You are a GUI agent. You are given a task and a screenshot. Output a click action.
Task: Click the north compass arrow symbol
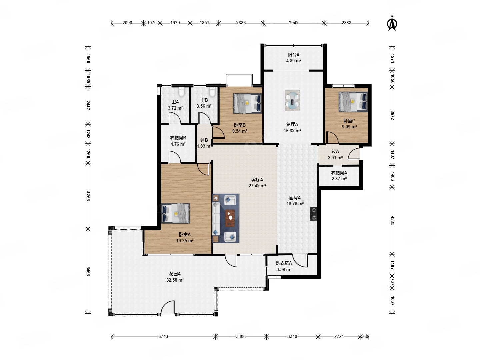coord(392,23)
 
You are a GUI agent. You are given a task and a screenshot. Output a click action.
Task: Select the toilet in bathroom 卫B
coord(212,92)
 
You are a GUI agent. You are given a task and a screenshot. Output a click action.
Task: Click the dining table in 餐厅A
coord(292,101)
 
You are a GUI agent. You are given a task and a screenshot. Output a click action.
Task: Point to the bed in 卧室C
coord(353,102)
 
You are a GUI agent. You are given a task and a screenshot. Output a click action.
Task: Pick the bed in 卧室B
coord(247,103)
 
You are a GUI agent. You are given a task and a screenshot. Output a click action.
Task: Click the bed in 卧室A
coord(175,213)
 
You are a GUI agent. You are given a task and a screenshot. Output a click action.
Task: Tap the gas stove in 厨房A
coord(313,214)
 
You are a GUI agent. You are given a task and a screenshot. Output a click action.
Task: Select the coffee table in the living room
coord(230,218)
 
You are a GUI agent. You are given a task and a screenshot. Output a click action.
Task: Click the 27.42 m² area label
coord(257,186)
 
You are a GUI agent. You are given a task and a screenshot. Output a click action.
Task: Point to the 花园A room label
coord(175,274)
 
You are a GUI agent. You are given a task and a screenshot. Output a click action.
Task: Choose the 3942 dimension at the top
coord(293,23)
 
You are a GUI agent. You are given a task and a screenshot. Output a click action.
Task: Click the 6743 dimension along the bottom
coord(163,336)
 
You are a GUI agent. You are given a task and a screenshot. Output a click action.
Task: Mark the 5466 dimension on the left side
coord(88,271)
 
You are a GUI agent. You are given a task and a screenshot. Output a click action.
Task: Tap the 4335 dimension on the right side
coord(392,221)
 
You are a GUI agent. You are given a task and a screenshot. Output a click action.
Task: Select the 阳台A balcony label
coord(293,55)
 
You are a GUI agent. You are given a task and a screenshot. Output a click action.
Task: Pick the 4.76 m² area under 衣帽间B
coord(178,144)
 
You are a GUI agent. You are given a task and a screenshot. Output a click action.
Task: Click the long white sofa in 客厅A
coord(216,219)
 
